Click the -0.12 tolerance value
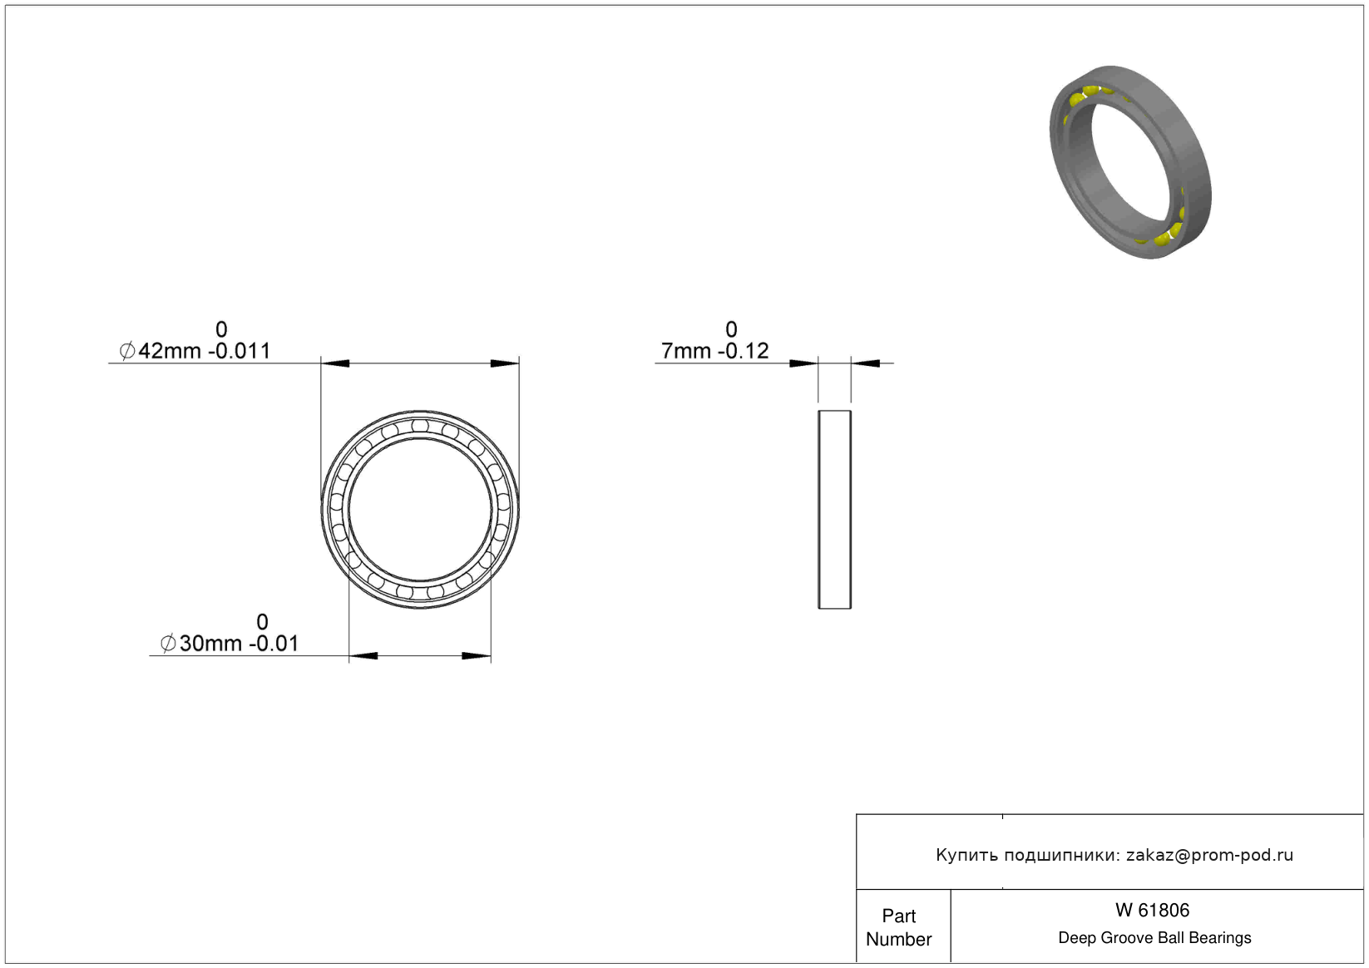[x=744, y=351]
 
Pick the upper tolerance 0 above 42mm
[x=221, y=329]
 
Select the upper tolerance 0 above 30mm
[x=262, y=622]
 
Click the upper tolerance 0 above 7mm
[x=731, y=329]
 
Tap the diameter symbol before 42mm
[x=127, y=352]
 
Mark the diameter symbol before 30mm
[x=168, y=644]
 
